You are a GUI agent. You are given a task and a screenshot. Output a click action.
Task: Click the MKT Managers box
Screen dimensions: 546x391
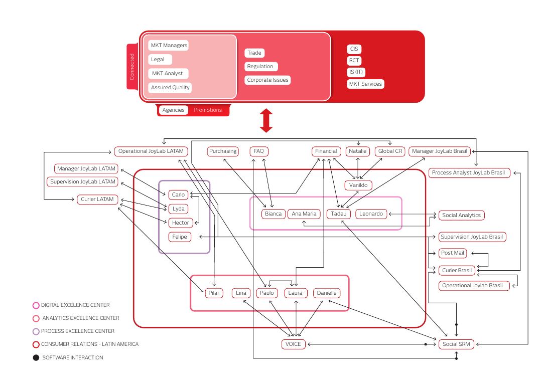point(169,45)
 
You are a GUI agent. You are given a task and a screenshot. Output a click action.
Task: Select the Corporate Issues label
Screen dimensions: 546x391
point(267,80)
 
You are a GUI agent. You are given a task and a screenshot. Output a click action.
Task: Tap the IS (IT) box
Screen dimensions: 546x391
point(356,72)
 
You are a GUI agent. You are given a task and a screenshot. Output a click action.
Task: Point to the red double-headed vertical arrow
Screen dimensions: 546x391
point(266,120)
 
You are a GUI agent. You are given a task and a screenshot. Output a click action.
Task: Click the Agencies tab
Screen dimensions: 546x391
point(173,110)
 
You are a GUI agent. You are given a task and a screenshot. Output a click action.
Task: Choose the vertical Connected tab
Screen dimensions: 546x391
point(132,67)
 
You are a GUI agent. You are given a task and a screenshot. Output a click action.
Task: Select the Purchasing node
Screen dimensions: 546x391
point(223,151)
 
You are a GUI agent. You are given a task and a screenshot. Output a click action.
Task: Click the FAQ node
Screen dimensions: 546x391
point(259,151)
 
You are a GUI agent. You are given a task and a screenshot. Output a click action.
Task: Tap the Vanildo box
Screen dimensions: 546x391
point(358,185)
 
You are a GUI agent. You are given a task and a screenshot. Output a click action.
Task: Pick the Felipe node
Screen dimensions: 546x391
point(180,237)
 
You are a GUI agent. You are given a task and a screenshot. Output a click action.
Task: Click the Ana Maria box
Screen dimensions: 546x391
point(304,214)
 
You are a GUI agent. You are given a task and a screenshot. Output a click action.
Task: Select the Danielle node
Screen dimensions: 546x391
point(327,293)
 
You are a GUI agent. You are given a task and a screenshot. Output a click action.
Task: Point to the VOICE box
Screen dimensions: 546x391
point(293,344)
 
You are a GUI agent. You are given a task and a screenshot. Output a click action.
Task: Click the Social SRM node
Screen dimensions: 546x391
point(456,344)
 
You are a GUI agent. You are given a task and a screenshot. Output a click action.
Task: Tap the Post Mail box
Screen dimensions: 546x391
point(452,253)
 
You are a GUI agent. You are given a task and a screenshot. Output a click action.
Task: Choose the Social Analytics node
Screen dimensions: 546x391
point(461,216)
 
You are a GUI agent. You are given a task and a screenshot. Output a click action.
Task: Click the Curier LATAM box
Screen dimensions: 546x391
point(97,200)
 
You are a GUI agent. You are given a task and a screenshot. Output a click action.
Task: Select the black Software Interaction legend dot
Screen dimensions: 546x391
point(36,357)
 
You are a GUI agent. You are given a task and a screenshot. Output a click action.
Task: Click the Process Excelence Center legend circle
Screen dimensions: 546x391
point(36,331)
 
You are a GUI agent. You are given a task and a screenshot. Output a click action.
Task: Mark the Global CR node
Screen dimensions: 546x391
point(390,151)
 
